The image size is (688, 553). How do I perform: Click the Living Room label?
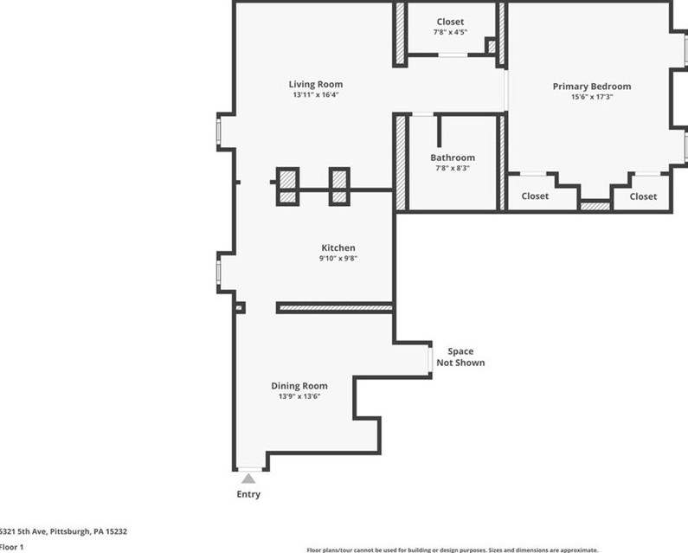pyautogui.click(x=315, y=84)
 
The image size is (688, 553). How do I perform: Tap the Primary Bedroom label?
pyautogui.click(x=591, y=87)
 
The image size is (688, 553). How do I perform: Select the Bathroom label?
pyautogui.click(x=453, y=158)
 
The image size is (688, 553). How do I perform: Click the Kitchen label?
pyautogui.click(x=338, y=248)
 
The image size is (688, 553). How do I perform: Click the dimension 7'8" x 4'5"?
pyautogui.click(x=450, y=32)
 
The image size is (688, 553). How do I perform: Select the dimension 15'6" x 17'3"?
pyautogui.click(x=591, y=97)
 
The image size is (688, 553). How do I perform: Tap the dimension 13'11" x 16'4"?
pyautogui.click(x=315, y=94)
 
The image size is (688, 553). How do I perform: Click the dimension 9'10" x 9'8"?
pyautogui.click(x=338, y=258)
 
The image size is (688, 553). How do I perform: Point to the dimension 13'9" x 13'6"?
pyautogui.click(x=299, y=396)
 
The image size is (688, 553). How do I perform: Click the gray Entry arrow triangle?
pyautogui.click(x=248, y=478)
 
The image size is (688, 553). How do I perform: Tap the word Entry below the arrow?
pyautogui.click(x=248, y=494)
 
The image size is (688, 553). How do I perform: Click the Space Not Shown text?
pyautogui.click(x=460, y=357)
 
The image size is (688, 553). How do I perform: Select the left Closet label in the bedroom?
pyautogui.click(x=535, y=196)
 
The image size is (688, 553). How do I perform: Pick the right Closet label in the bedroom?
pyautogui.click(x=643, y=196)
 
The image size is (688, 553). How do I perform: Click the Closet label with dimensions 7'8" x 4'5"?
pyautogui.click(x=450, y=22)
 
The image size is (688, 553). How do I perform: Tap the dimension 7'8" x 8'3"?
pyautogui.click(x=453, y=168)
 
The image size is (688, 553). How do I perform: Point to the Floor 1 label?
pyautogui.click(x=11, y=547)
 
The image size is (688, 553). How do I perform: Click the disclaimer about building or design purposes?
pyautogui.click(x=452, y=550)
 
